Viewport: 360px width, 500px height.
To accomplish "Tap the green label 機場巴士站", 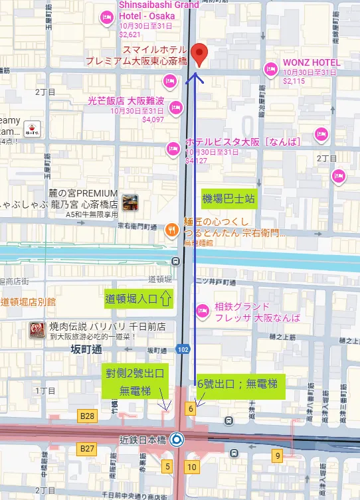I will (228, 199).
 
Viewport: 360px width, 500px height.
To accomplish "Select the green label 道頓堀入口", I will (138, 299).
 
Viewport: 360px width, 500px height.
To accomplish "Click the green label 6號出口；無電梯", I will (241, 383).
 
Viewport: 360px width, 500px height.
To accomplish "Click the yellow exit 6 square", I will (191, 409).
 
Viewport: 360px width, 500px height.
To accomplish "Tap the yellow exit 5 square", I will (167, 467).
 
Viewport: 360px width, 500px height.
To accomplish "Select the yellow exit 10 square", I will (192, 467).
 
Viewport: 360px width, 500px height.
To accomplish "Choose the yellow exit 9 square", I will (277, 455).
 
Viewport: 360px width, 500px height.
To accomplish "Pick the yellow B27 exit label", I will (87, 448).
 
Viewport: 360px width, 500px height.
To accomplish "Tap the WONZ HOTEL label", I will (311, 63).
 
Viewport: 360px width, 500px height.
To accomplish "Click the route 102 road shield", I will (184, 349).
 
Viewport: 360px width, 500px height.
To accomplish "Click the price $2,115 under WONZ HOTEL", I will (294, 81).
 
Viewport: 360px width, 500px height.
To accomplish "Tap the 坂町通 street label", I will (87, 350).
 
